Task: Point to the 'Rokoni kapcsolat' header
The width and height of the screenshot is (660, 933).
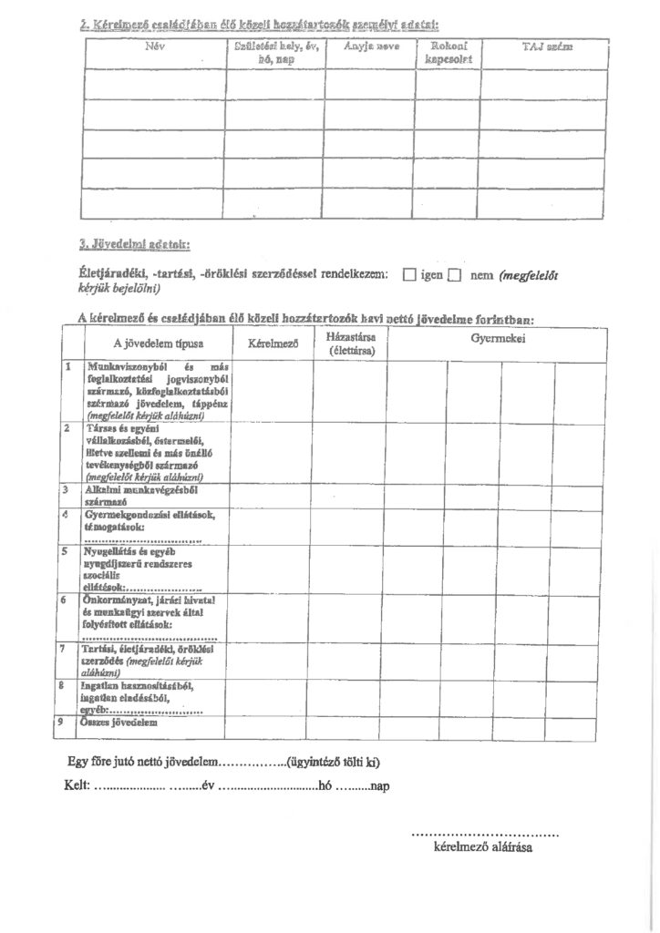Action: (447, 52)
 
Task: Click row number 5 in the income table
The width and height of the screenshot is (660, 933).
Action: (67, 551)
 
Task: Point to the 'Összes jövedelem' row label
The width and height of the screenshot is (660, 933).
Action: (118, 723)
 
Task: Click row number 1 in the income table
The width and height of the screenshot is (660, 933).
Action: (67, 365)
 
